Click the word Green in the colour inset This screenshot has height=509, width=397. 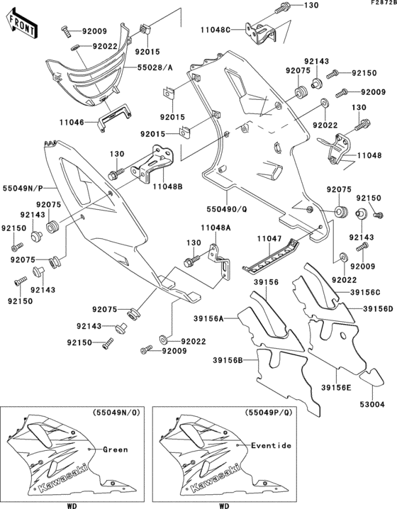[x=115, y=449]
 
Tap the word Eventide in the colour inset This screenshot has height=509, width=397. [x=271, y=444]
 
